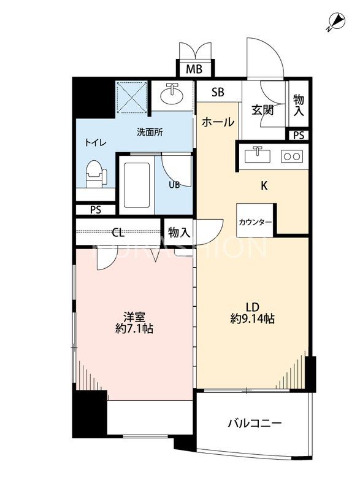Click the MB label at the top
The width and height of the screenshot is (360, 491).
pos(194,69)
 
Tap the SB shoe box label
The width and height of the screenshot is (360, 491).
pos(218,93)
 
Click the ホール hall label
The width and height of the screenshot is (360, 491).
pos(218,122)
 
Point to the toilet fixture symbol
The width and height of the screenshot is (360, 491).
pos(95,174)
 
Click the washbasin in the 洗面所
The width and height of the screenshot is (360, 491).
pos(172,95)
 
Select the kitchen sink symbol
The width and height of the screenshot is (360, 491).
pos(258,155)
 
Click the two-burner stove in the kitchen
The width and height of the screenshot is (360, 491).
pos(291,157)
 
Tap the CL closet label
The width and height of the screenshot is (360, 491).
pos(119,233)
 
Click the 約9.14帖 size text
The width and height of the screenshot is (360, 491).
pos(253,319)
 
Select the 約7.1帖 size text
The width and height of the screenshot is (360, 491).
pos(134,328)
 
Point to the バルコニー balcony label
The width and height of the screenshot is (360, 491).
pos(254,424)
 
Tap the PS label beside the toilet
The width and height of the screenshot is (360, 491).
pos(96,209)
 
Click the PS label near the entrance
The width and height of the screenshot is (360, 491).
pos(299,135)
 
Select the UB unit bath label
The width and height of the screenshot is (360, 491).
pos(174,184)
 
